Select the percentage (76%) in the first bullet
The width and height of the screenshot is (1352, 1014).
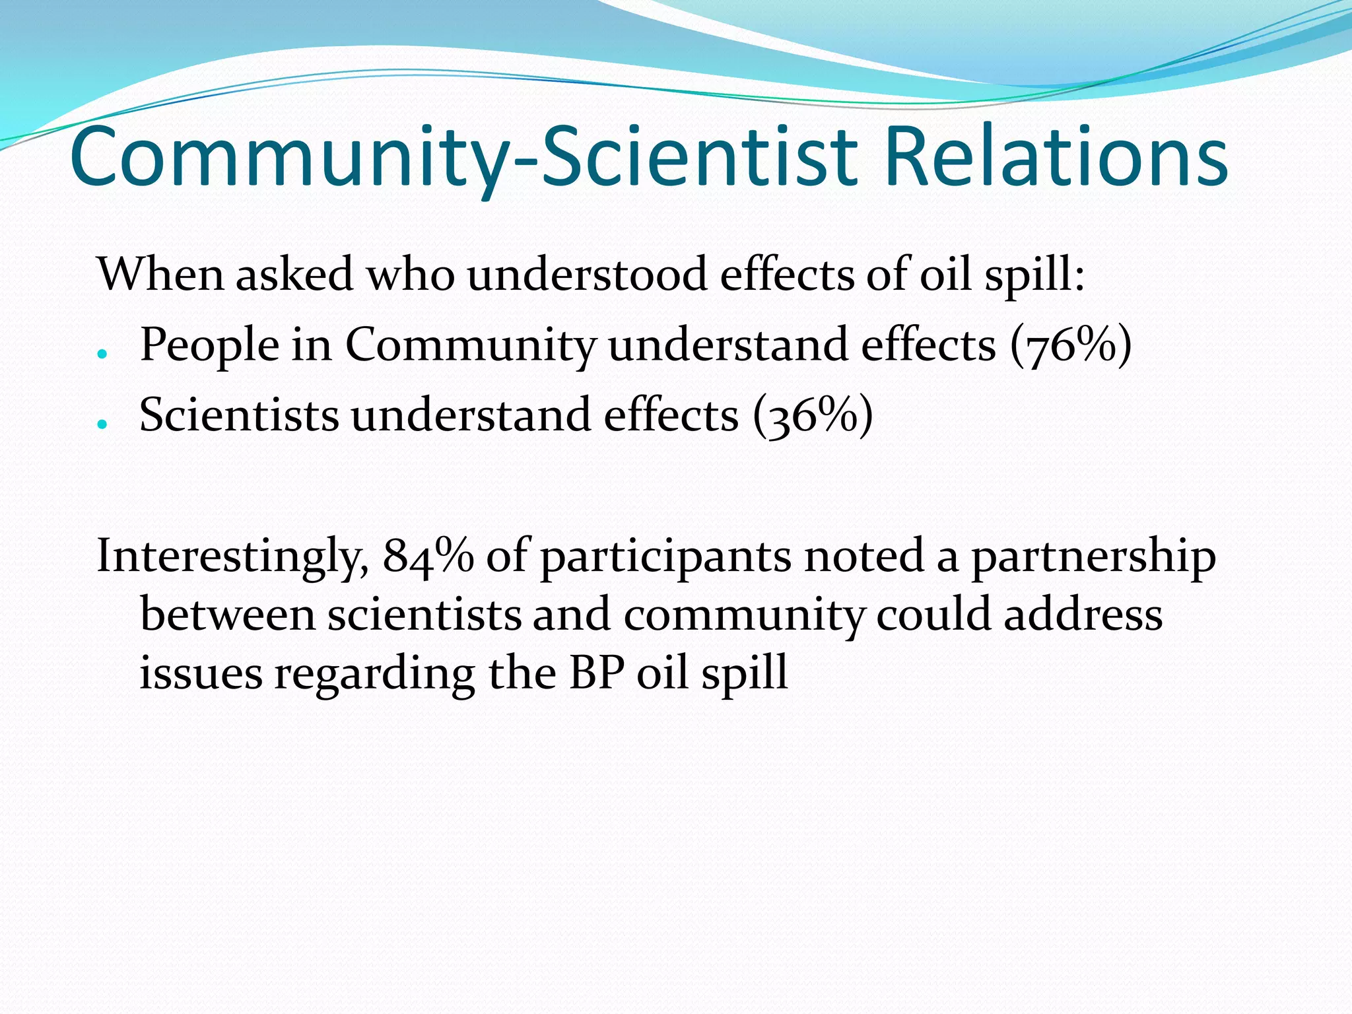point(1071,345)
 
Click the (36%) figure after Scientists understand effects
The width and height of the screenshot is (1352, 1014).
point(813,415)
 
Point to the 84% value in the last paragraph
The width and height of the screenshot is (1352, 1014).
point(428,555)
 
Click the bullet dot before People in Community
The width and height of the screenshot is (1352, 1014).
point(102,354)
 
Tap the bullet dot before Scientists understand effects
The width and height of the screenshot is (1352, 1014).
point(102,424)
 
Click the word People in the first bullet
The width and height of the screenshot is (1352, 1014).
point(209,346)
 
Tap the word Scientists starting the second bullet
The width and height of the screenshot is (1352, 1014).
point(239,415)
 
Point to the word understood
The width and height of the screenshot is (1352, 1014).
point(587,274)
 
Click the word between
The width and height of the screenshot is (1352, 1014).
point(228,615)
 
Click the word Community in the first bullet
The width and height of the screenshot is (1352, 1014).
point(470,346)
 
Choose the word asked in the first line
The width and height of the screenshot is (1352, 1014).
point(294,274)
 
